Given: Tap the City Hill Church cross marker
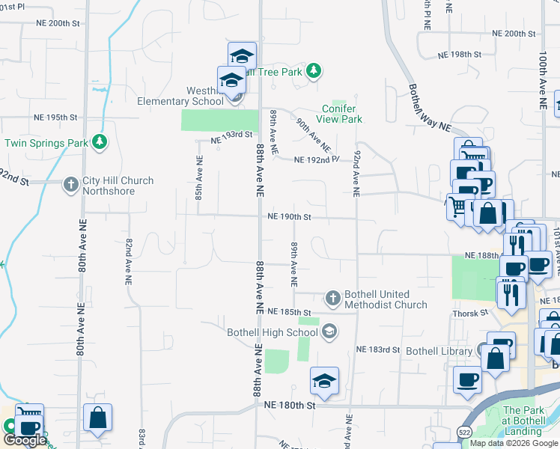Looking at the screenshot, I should (71, 184).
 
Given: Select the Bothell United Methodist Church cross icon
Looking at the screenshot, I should (333, 298).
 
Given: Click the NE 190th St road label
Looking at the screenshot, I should (289, 217).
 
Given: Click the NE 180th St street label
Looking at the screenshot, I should (291, 404).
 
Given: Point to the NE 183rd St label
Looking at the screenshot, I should (378, 349).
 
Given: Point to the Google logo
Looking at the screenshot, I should (24, 440).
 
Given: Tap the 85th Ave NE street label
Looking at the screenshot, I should (199, 177).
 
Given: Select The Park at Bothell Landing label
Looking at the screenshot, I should (523, 421).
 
